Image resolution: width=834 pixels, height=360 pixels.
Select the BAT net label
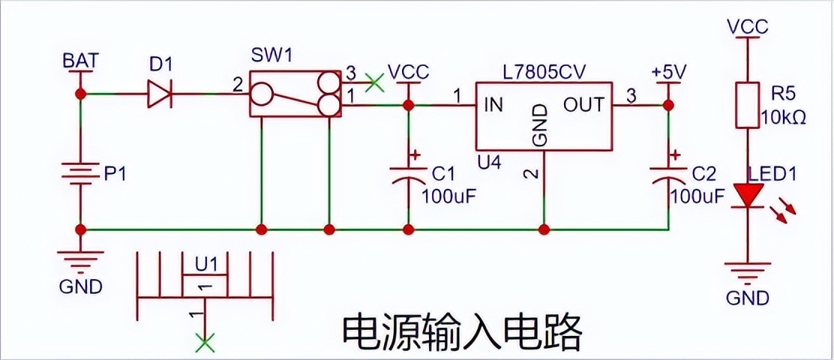click(79, 61)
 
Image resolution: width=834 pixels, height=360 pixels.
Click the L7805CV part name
click(544, 71)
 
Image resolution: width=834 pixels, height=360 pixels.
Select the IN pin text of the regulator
click(493, 105)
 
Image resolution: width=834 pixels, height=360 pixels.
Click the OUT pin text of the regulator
click(583, 105)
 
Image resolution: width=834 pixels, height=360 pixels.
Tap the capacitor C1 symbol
click(409, 172)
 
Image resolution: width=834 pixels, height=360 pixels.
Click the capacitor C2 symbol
click(667, 172)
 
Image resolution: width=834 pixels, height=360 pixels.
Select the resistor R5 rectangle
click(746, 105)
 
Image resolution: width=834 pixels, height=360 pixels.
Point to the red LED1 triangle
click(747, 196)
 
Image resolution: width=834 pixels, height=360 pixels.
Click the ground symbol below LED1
click(747, 270)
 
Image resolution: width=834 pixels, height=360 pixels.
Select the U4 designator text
click(487, 160)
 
